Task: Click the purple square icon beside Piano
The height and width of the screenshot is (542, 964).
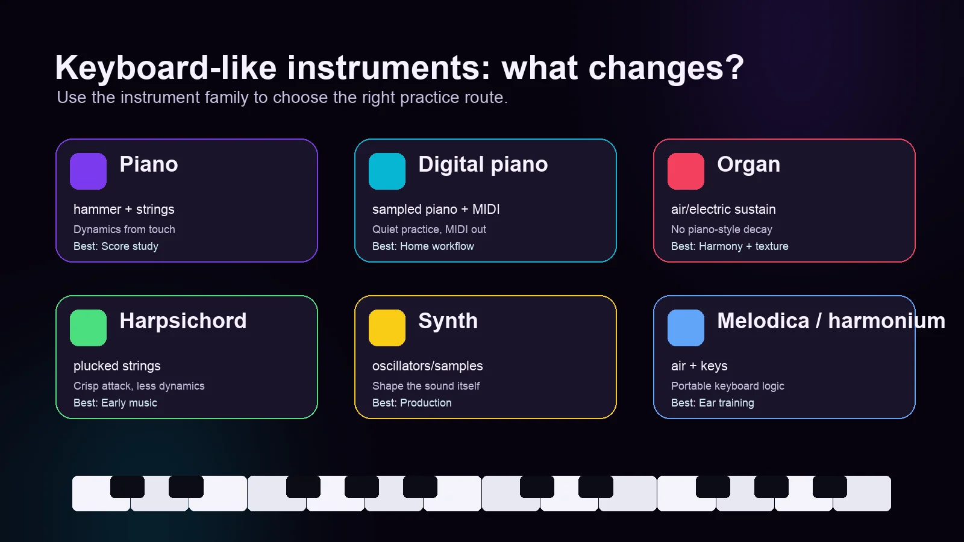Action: point(88,171)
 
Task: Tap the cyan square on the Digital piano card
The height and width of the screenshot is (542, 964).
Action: point(387,171)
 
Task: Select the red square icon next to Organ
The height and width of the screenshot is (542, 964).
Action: point(686,171)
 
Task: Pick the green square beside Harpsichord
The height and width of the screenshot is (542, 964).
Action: point(88,328)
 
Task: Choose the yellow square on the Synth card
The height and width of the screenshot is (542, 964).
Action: point(387,328)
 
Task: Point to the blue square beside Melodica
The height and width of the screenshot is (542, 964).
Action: point(686,328)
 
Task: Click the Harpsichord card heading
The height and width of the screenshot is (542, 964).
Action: point(183,321)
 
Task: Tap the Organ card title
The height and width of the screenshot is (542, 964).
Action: point(748,164)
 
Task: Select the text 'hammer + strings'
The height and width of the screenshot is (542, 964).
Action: point(124,210)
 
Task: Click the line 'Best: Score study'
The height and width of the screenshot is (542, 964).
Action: point(116,246)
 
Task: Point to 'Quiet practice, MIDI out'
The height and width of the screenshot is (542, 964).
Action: point(429,229)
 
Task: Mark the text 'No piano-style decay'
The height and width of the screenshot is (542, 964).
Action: point(721,229)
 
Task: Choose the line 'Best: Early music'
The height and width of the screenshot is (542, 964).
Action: point(115,403)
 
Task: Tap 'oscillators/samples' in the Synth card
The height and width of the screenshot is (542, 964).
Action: point(427,366)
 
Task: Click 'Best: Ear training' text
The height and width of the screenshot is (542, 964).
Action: point(712,403)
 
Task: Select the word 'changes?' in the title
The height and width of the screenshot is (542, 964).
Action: point(666,67)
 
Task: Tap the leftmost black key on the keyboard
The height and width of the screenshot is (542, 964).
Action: point(127,487)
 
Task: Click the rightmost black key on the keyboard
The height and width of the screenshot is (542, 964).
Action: point(830,487)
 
